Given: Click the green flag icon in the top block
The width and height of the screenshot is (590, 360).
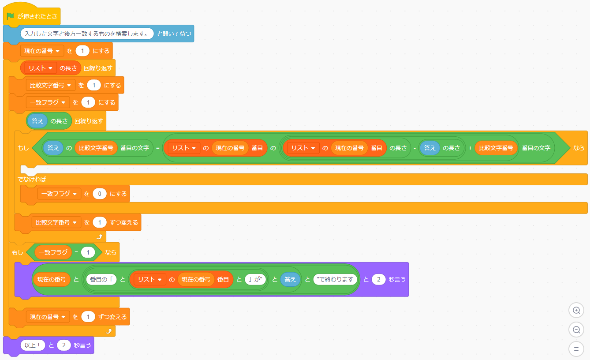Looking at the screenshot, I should tap(11, 16).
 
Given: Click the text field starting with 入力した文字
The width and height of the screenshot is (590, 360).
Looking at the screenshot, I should tap(87, 34).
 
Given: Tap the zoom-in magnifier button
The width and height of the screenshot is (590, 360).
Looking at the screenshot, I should tap(576, 310).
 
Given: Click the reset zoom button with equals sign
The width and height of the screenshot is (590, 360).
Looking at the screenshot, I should tap(576, 349).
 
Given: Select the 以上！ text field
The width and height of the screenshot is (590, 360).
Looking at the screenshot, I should tap(33, 345).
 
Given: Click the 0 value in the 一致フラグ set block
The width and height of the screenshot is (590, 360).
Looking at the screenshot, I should tap(100, 194).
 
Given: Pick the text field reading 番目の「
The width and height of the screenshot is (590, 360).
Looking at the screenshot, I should tap(101, 279).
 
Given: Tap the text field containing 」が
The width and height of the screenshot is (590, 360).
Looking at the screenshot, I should tap(255, 279).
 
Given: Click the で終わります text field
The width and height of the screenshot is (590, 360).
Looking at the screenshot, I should tap(335, 279).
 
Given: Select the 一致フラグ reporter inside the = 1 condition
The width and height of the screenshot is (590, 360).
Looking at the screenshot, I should tap(53, 252).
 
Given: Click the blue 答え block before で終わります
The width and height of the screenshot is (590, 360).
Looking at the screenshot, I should tap(290, 279).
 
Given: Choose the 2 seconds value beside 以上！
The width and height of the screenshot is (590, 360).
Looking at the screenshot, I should tap(64, 345).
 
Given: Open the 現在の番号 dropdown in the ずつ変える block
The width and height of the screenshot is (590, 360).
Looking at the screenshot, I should tap(63, 317).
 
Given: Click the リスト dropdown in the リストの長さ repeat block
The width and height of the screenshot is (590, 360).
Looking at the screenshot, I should tap(50, 68).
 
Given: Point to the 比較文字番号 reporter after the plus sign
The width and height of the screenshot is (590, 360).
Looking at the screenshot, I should tap(496, 148).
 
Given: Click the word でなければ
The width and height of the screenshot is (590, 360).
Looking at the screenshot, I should tap(32, 179).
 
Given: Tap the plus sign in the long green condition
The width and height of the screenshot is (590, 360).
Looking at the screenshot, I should tap(470, 148).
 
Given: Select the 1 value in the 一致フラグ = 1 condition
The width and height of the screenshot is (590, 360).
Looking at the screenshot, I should tap(88, 252).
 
